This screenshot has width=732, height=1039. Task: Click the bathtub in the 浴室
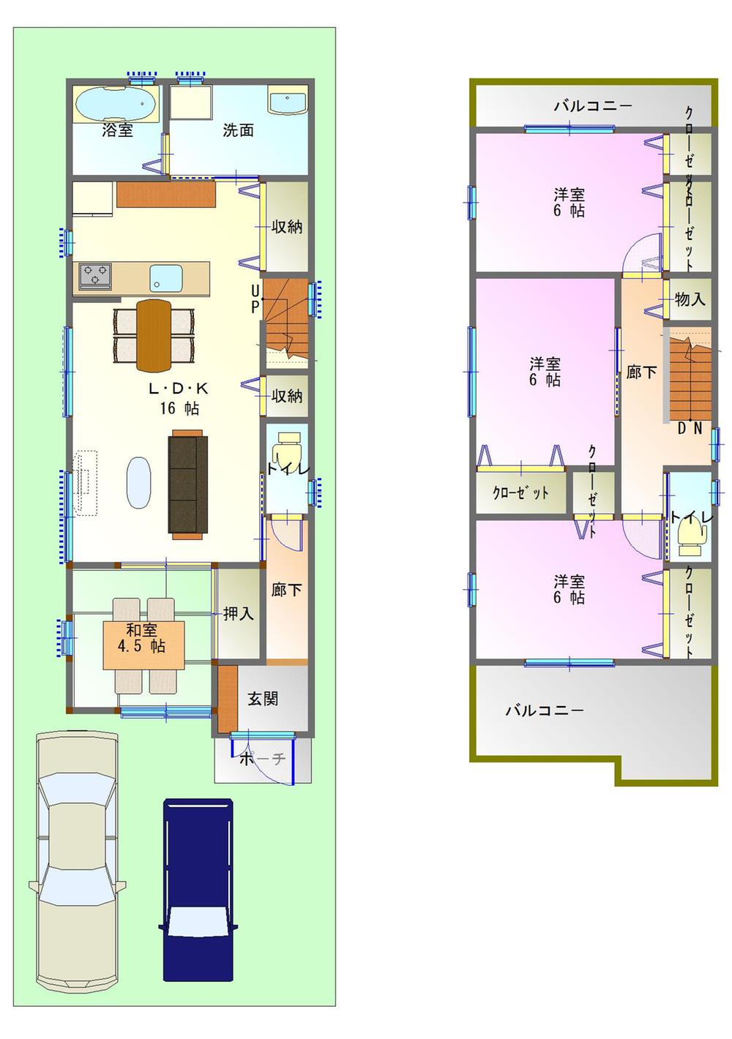pos(116,105)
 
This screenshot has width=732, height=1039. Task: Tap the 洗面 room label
pos(238,131)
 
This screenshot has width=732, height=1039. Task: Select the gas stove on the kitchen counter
pos(95,276)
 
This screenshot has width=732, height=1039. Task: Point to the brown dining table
pos(154,334)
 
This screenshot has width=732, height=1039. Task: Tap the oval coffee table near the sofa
pos(139,482)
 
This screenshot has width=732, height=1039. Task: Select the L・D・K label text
pos(179,389)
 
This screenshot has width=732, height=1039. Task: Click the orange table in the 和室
pos(143,645)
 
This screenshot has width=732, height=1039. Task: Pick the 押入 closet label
pos(239,613)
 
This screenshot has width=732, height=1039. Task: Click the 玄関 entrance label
pos(263,698)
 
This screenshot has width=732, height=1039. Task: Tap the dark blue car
pos(198,890)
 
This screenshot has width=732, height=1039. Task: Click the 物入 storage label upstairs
pos(690,299)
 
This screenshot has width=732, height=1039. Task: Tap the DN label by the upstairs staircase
pos(690,429)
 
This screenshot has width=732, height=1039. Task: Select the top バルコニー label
pos(592,106)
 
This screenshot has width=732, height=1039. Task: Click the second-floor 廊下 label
pos(641,372)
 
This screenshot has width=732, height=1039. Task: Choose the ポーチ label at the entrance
pos(263,759)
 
